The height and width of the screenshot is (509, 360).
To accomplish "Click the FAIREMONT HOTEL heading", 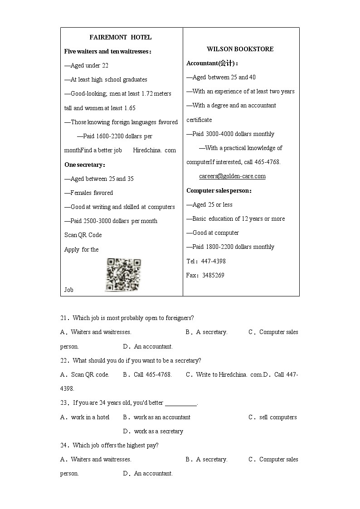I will tap(121, 37).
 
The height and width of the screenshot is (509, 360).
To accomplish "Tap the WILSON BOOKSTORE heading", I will tap(240, 49).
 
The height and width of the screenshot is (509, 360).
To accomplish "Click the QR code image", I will tap(123, 275).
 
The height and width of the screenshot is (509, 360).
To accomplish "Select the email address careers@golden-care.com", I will tap(232, 176).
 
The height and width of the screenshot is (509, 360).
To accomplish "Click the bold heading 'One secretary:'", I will tap(85, 165).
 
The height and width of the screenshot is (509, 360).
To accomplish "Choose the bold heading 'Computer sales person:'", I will tap(219, 190).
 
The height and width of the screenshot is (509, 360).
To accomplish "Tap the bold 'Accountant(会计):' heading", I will tap(212, 63).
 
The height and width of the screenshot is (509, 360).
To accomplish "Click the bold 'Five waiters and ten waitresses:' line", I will tap(108, 51).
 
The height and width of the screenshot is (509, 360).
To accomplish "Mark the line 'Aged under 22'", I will tap(87, 65).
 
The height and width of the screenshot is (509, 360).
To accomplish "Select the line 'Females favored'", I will tap(89, 193).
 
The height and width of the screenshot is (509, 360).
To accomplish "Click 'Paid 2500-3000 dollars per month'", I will tap(111, 221).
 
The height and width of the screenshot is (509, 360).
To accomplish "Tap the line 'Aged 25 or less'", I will tap(209, 204).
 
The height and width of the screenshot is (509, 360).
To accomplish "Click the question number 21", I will tap(63, 318).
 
